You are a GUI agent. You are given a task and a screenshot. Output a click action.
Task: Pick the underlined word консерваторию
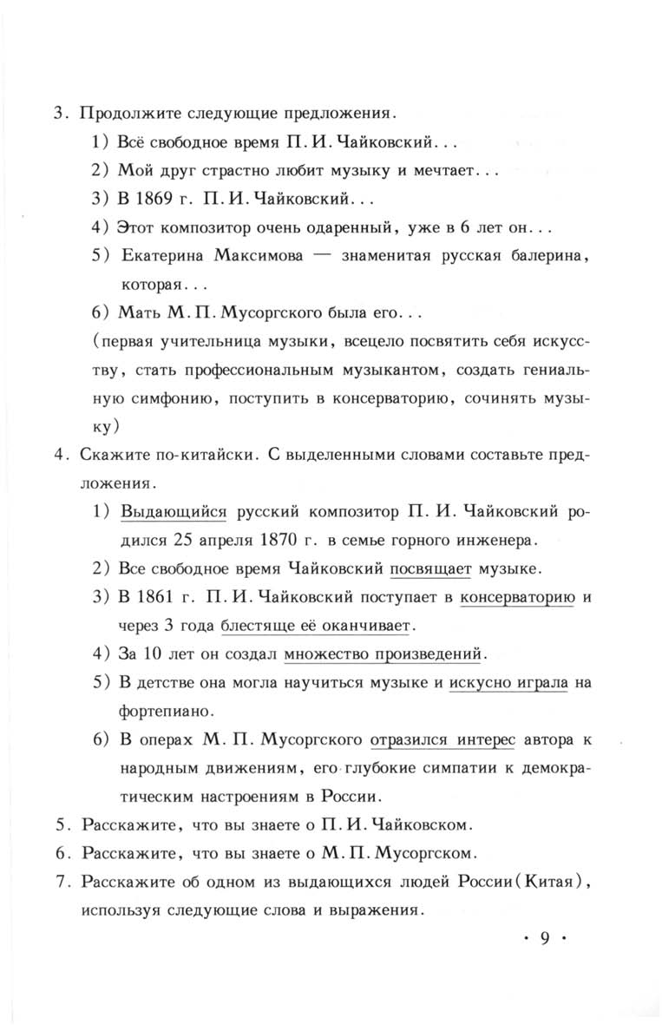coord(518,597)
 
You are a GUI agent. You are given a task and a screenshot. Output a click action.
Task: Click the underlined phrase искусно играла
coord(508,682)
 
